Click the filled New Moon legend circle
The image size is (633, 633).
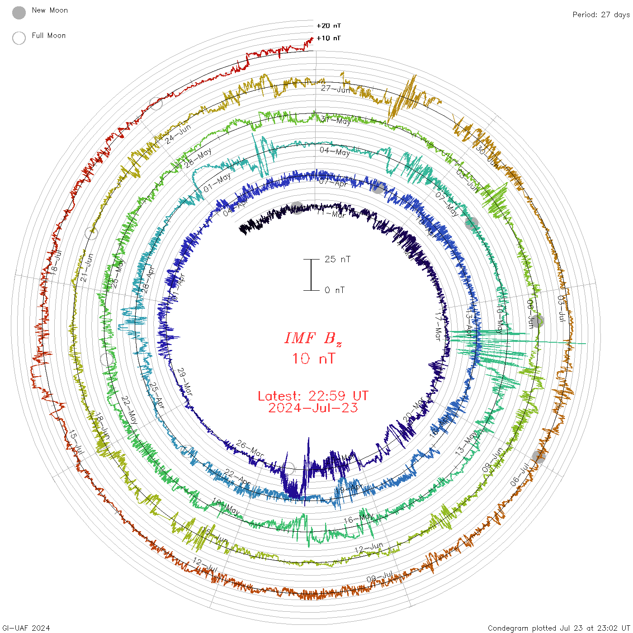coord(19,13)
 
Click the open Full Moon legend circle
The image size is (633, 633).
coord(19,38)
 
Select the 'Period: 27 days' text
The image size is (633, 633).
coord(601,14)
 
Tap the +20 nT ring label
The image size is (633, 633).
coord(329,26)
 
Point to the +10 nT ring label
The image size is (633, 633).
coord(329,38)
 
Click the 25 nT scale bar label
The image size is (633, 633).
coord(337,259)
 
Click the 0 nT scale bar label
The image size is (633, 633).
coord(335,290)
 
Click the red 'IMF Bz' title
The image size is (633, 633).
coord(313,338)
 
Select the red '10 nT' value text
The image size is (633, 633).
coord(313,359)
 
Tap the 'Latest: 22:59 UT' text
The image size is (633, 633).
coord(313,396)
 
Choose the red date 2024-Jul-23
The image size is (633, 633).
coord(313,408)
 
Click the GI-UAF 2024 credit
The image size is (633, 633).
coord(26,628)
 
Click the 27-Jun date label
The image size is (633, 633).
coord(335,89)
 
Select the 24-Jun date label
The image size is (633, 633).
coord(178,134)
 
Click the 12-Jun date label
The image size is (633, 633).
coord(368,548)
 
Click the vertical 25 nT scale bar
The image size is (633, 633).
coord(311,275)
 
